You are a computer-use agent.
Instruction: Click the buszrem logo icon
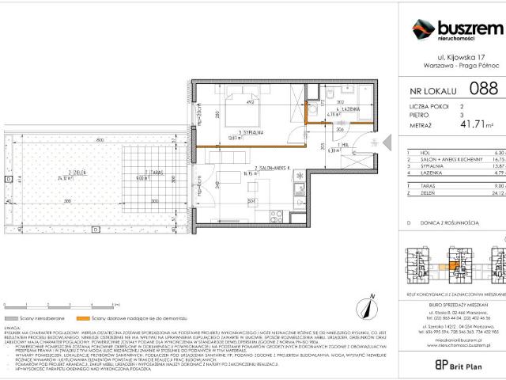[x=425, y=31]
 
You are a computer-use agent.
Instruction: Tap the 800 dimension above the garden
[x=100, y=140]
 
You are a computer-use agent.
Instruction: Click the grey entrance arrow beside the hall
[x=387, y=143]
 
